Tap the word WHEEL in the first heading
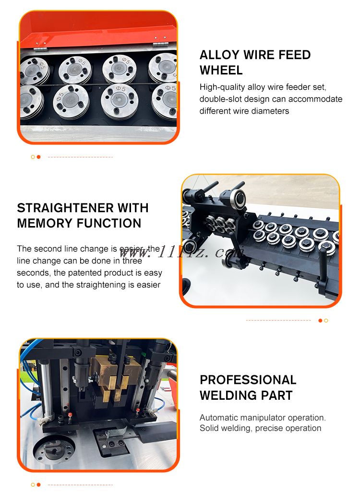pos(221,70)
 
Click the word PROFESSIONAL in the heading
pos(248,380)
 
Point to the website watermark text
pos(181,252)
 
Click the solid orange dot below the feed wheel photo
pos(39,157)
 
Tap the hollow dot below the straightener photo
pos(326,321)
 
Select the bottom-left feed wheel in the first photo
pos(31,101)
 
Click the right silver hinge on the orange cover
pos(160,44)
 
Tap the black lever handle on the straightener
pos(322,269)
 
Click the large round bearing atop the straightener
pos(237,199)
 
